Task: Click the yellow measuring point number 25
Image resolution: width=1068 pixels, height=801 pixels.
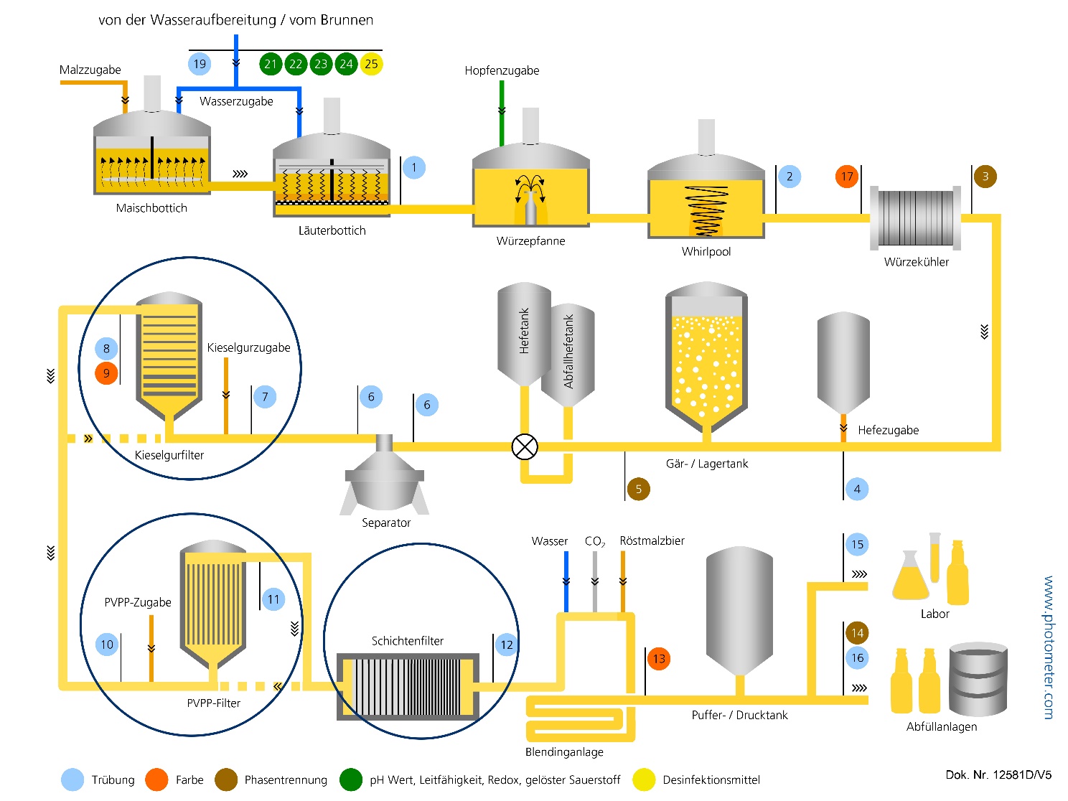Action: point(371,64)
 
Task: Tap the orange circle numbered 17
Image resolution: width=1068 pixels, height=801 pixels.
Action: point(847,177)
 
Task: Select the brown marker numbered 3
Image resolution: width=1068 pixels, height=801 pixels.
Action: point(985,177)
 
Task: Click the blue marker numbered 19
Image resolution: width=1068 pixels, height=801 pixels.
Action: point(200,64)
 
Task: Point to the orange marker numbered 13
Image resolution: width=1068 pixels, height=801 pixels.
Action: point(659,658)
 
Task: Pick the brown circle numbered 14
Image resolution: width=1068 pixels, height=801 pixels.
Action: point(857,633)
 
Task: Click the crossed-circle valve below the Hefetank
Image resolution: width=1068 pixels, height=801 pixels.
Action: point(525,447)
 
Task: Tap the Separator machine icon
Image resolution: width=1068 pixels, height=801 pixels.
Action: point(385,477)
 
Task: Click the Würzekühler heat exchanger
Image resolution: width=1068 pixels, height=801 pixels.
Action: point(916,218)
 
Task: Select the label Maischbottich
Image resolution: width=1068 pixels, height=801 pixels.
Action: point(151,208)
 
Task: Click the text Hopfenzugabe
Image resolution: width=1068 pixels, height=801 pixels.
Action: point(502,70)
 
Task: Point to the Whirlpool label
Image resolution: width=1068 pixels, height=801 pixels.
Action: point(706,251)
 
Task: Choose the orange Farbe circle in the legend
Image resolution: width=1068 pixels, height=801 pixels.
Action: point(156,779)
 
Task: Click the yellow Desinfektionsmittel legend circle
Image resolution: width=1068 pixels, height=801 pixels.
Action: point(644,779)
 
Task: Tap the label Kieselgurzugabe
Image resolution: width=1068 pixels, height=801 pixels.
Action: point(248,347)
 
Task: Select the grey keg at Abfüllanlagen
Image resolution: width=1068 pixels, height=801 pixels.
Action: point(978,679)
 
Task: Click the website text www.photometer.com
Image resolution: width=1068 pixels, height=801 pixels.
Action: point(1049,647)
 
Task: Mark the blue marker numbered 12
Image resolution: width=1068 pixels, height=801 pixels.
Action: point(507,645)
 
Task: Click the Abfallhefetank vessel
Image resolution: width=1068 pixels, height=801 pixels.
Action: point(568,352)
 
